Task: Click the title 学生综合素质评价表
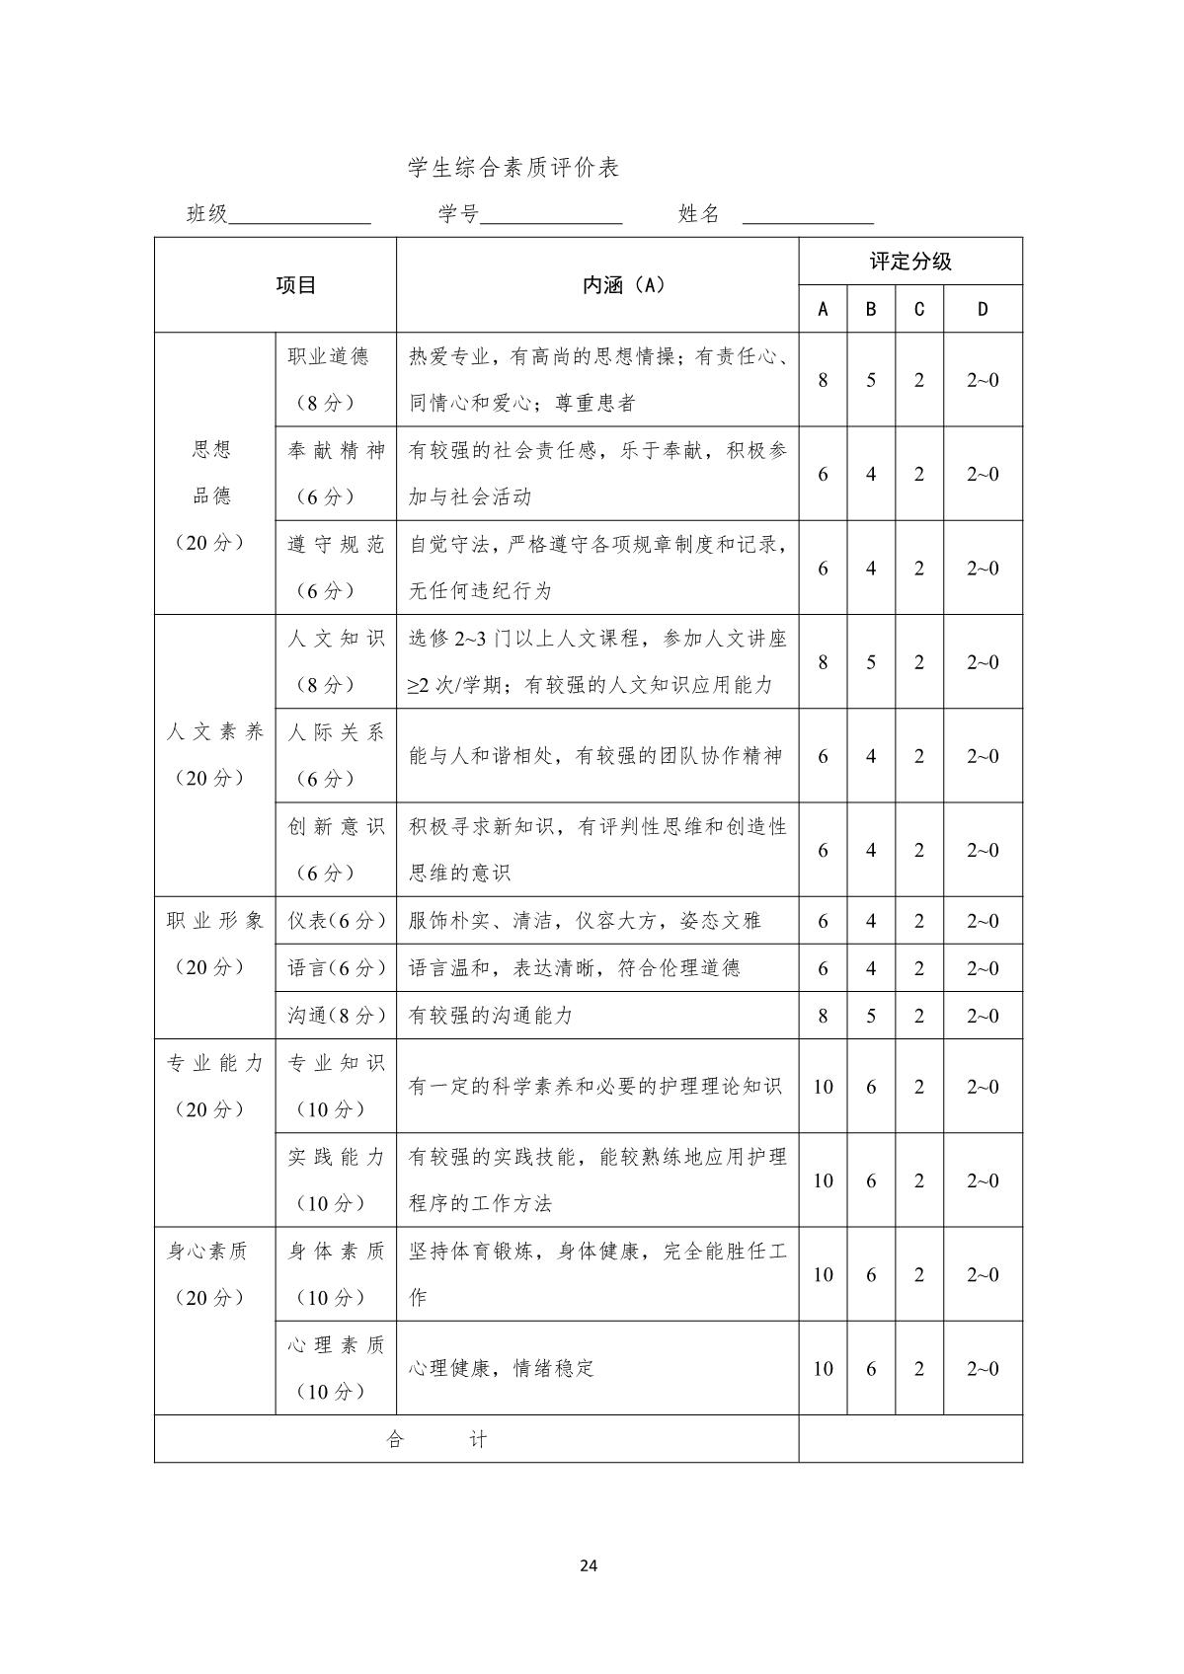tap(513, 168)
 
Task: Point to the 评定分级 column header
tap(910, 262)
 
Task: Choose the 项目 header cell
tap(296, 285)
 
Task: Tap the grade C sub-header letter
tap(919, 309)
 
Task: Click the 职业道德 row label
tap(328, 356)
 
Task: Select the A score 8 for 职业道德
tap(823, 380)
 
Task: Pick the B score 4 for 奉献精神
tap(871, 474)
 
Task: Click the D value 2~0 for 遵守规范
tap(983, 569)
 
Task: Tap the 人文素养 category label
tap(215, 732)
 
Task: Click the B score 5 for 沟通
tap(871, 1016)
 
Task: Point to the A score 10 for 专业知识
tap(823, 1087)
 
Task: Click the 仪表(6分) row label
tap(336, 921)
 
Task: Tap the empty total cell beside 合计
tap(910, 1439)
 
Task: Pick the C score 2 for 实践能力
tap(919, 1180)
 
